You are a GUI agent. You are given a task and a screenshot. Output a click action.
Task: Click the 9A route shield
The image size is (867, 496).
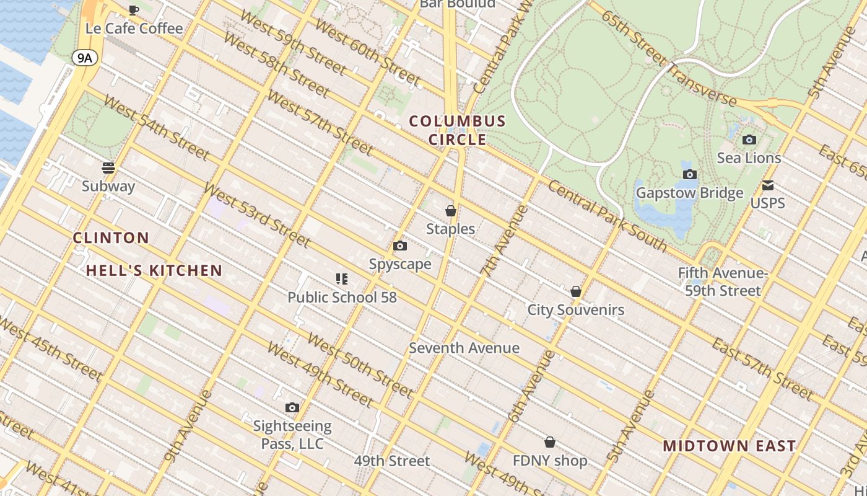coord(85,58)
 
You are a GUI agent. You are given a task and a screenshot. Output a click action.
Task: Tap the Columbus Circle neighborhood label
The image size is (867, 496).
coord(458,130)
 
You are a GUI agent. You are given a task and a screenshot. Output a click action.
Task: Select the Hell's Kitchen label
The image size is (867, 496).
coord(154,270)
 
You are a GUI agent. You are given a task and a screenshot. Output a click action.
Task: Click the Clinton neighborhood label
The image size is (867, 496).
coord(111,237)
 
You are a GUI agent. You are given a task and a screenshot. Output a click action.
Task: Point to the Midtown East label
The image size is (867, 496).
coord(729,446)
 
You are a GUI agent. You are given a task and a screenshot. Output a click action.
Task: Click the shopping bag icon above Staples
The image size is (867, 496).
coord(451,211)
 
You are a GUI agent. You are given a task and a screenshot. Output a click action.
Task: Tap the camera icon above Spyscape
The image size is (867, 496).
coord(400,246)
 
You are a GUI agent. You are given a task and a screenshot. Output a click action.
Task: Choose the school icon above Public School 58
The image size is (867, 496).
coord(342,279)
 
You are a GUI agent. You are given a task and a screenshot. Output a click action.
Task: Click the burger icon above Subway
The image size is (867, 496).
coord(108,168)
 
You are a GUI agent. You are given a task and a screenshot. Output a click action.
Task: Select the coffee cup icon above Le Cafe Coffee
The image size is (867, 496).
coord(134,10)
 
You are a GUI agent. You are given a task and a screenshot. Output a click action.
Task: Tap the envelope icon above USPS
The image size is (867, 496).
coord(768,185)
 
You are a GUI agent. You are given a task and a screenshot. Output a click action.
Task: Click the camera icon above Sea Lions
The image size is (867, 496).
coord(749,140)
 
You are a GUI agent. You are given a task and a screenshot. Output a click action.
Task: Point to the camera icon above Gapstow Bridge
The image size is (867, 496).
coord(690,175)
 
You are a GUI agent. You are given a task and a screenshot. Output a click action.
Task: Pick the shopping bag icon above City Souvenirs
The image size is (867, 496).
coord(576,291)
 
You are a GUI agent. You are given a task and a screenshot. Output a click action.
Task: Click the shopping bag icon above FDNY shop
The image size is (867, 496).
coord(550,442)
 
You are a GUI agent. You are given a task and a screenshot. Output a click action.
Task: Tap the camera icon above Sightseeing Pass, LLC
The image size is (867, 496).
coord(292,408)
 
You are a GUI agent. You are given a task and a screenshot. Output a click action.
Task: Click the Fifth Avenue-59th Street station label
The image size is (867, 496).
coord(723,281)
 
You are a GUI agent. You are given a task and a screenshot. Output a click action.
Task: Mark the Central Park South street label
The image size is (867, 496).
coord(607,217)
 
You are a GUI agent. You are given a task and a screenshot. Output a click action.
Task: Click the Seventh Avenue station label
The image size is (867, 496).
coord(464,348)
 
